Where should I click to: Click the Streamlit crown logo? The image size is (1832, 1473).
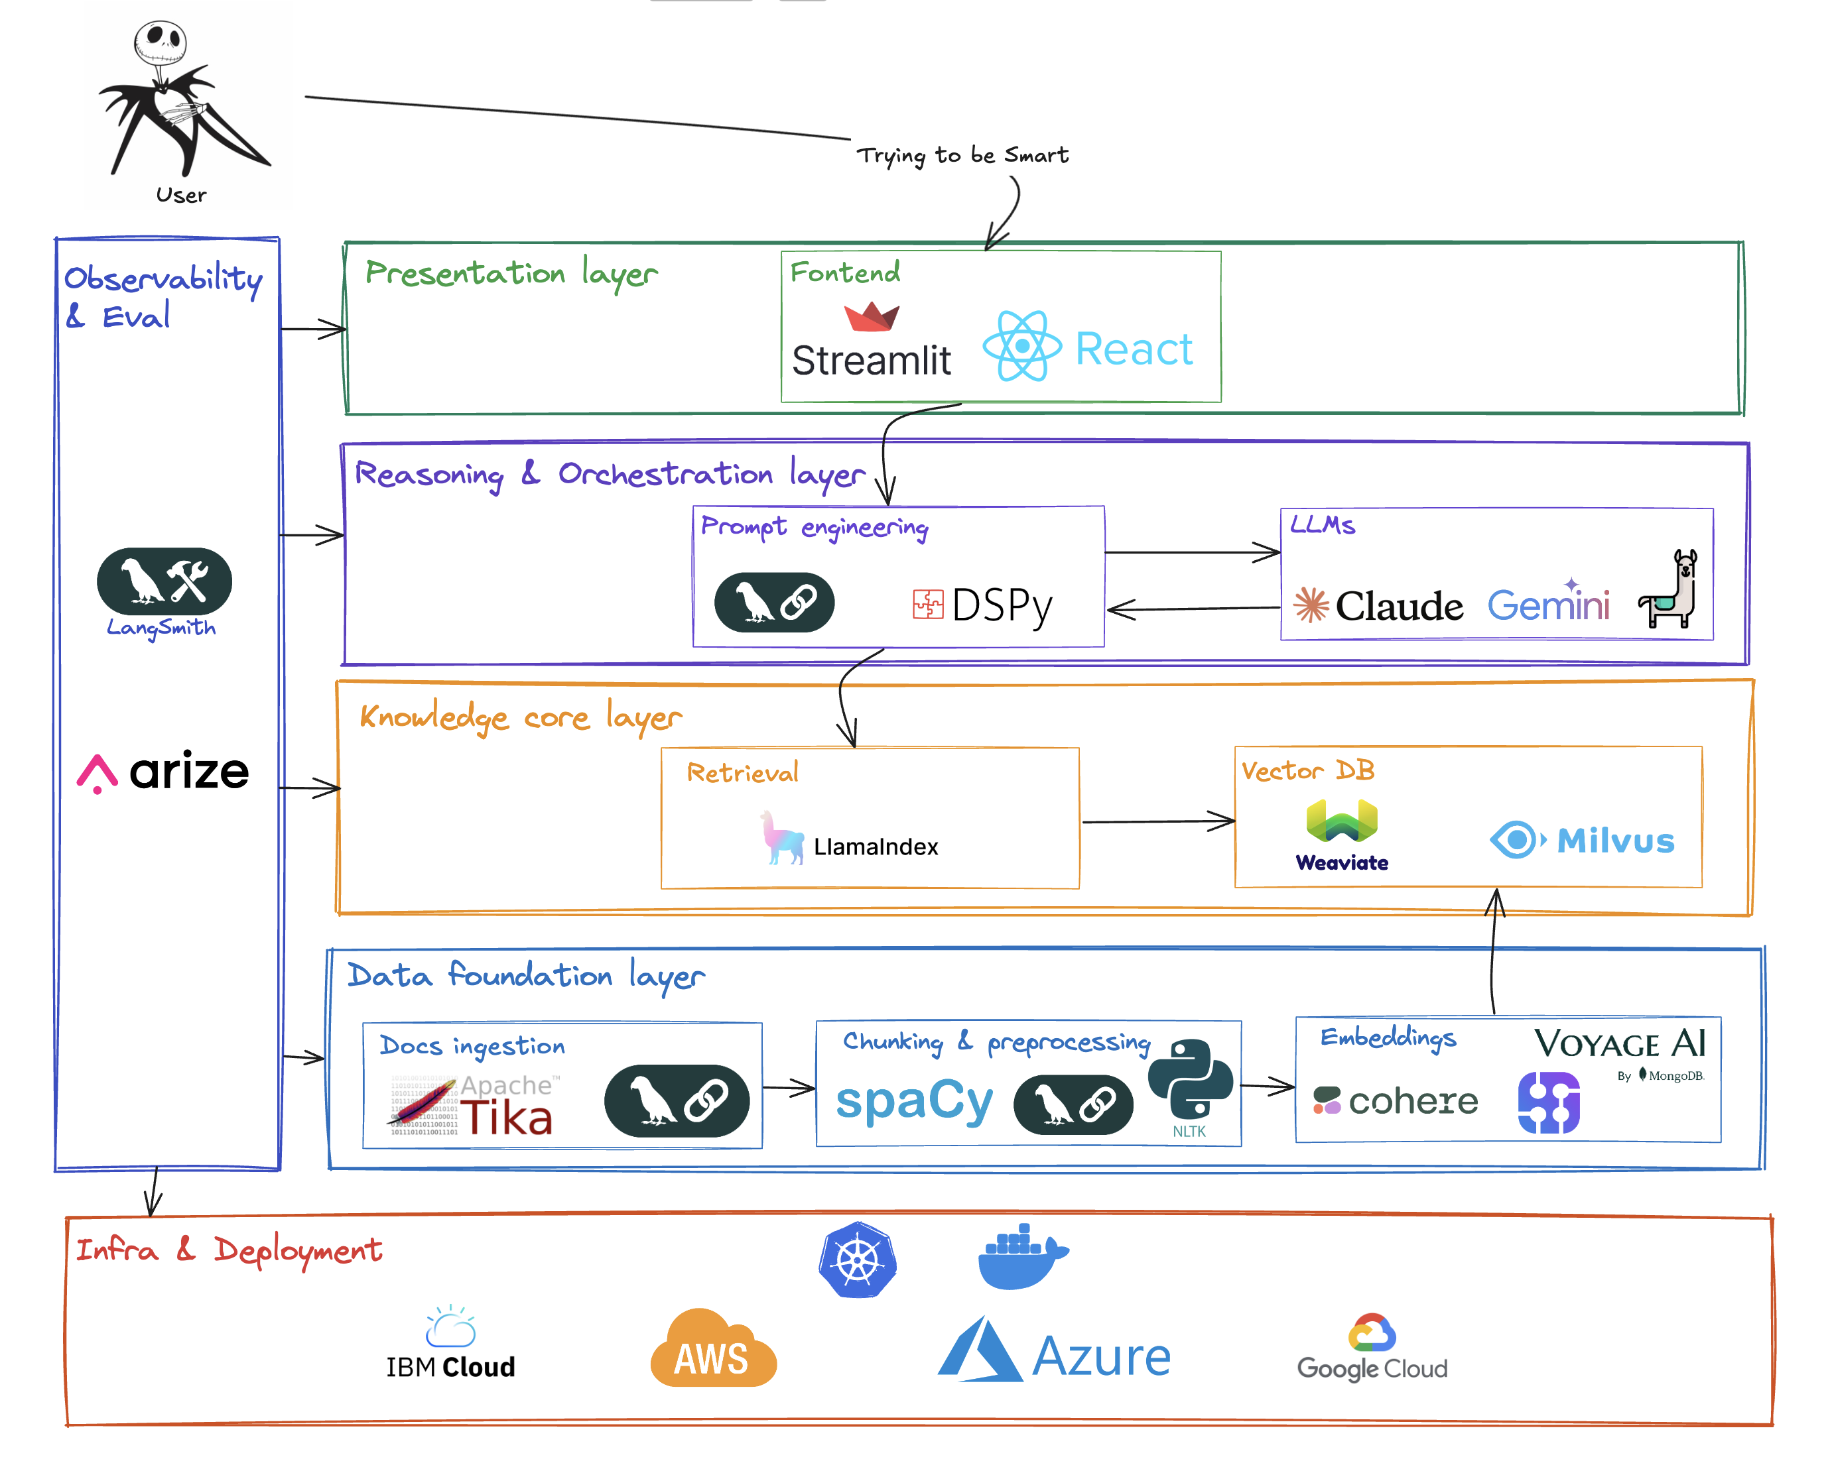(871, 317)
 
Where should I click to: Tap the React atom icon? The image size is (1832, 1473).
(1021, 346)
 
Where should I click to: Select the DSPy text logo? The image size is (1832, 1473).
(983, 606)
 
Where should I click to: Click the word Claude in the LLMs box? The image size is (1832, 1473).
(1399, 607)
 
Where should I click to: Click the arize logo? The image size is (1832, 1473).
(164, 772)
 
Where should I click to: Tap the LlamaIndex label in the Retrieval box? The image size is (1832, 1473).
(876, 847)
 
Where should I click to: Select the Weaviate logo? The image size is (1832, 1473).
(1342, 836)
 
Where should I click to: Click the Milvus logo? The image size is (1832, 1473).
(1582, 840)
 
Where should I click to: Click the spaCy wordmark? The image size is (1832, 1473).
(914, 1102)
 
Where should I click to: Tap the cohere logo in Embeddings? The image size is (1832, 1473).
(1396, 1102)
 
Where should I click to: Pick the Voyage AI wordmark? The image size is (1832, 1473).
(1618, 1044)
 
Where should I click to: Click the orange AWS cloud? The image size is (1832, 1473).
(713, 1350)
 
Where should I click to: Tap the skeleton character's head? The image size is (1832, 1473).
(160, 42)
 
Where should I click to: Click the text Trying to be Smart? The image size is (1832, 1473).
(962, 156)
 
